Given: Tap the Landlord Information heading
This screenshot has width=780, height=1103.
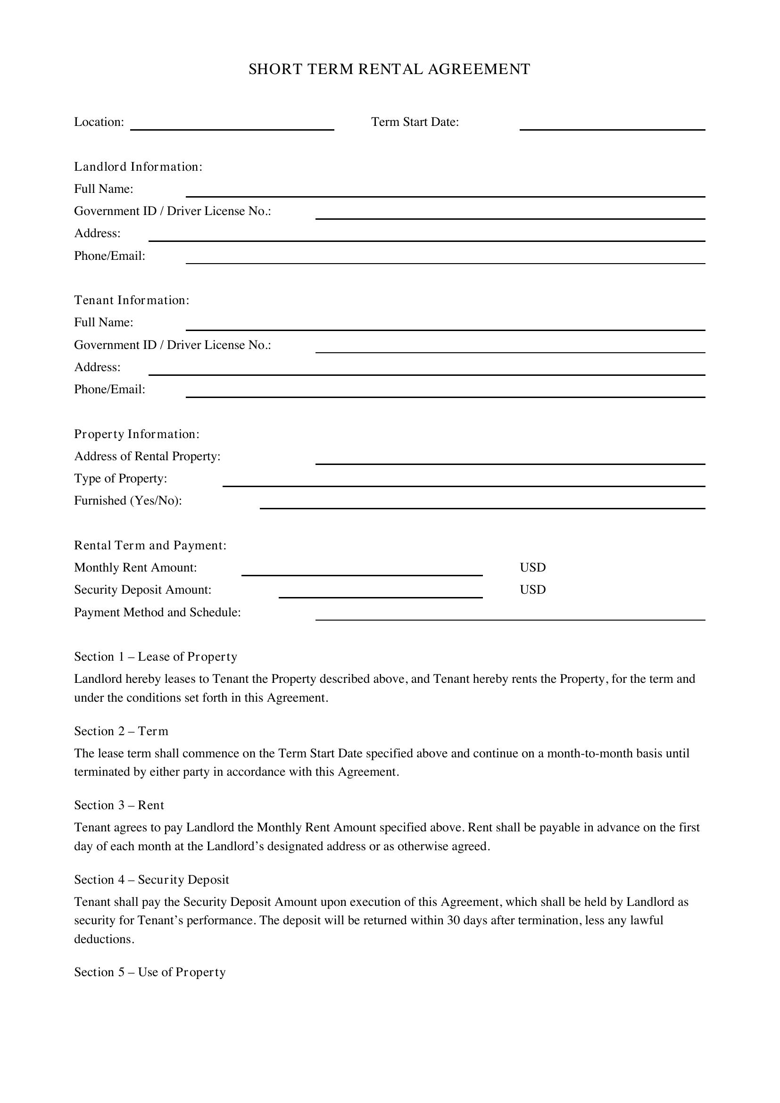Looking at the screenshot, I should (138, 166).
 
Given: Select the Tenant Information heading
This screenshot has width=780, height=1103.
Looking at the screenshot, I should (132, 300).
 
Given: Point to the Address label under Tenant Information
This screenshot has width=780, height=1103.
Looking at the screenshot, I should (97, 367).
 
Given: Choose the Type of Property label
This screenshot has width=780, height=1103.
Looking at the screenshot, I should (121, 479).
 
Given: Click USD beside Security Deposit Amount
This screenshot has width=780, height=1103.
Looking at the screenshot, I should (532, 589).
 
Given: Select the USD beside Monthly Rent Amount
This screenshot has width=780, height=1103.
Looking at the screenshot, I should (532, 567).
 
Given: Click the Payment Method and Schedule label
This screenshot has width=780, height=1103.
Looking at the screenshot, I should (158, 613).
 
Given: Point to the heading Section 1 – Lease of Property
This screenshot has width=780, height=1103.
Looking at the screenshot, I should (156, 657).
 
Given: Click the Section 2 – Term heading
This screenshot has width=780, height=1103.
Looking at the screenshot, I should (121, 731).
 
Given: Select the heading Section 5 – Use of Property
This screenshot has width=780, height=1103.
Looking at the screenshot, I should (150, 972).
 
